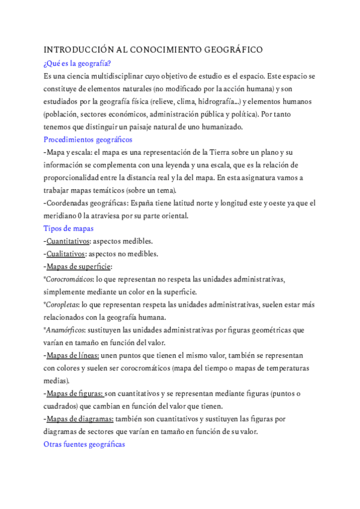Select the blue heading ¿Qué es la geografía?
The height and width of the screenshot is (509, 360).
point(77,64)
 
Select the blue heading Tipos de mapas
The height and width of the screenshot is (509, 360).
point(68,228)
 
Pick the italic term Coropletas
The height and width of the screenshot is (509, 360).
point(62,304)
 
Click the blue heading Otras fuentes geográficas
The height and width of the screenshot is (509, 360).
point(84,444)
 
